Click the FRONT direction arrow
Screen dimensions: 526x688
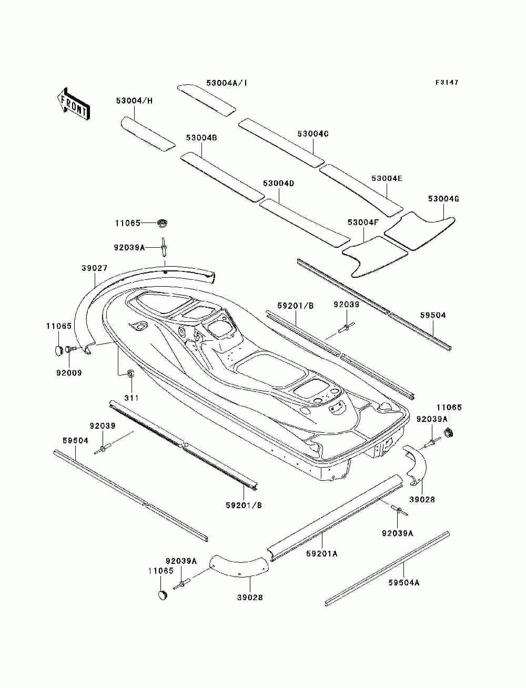click(x=73, y=104)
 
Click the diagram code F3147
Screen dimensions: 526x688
click(x=447, y=83)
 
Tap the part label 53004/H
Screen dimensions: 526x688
click(x=135, y=101)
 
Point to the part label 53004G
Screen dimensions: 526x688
click(x=443, y=199)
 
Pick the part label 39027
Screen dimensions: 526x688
click(x=94, y=268)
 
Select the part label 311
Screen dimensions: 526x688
click(x=131, y=398)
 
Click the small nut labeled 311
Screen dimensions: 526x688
click(x=130, y=373)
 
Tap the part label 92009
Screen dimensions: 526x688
click(x=69, y=373)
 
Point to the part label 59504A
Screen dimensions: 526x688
click(x=404, y=582)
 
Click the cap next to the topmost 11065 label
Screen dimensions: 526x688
click(x=163, y=223)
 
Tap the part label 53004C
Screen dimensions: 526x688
click(x=313, y=134)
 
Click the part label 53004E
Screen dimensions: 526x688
click(x=387, y=178)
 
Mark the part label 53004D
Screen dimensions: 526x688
click(x=278, y=184)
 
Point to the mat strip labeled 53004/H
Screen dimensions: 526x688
click(x=148, y=134)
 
